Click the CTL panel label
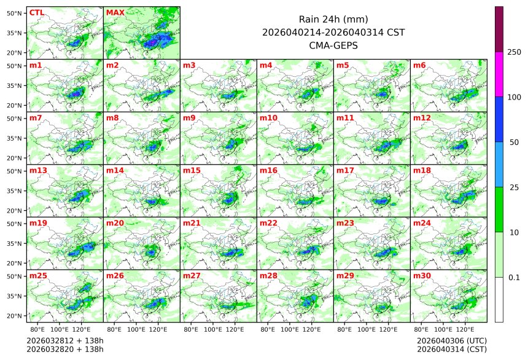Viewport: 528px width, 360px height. [37, 12]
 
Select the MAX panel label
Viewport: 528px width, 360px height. [115, 12]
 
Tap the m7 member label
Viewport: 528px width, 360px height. [36, 117]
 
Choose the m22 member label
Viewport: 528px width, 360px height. [268, 223]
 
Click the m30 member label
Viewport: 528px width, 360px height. [422, 276]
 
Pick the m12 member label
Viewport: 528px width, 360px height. [422, 117]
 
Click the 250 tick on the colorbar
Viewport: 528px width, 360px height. [514, 52]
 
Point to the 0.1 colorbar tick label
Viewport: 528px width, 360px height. [514, 278]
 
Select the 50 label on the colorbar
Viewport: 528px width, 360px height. [514, 143]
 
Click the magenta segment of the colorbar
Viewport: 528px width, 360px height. [499, 74]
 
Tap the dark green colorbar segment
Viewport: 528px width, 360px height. [499, 209]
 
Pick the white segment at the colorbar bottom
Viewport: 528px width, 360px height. [499, 299]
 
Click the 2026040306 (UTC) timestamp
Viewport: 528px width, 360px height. [451, 340]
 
